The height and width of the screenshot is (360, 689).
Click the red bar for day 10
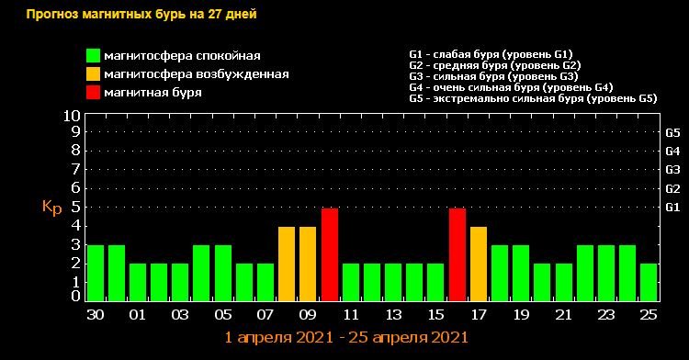tap(330, 254)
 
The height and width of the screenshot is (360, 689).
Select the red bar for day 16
tap(457, 254)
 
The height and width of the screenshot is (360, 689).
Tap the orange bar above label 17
tap(479, 264)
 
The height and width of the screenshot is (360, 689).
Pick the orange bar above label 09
tap(308, 264)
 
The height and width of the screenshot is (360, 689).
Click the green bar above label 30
tap(95, 273)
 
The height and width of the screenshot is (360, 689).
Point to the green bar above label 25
tap(649, 282)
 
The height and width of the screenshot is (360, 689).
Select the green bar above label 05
tap(222, 273)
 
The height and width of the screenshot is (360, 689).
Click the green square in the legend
tap(93, 56)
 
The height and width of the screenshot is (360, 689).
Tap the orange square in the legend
tap(93, 74)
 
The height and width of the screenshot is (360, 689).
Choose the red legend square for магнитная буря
tap(93, 93)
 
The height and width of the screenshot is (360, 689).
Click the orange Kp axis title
tap(51, 207)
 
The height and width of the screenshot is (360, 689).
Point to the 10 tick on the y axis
tap(72, 117)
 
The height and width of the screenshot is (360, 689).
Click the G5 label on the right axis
tap(672, 132)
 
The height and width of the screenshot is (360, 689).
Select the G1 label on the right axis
tap(672, 208)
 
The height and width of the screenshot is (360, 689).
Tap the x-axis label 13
tap(393, 314)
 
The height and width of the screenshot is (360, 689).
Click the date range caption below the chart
tap(346, 338)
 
